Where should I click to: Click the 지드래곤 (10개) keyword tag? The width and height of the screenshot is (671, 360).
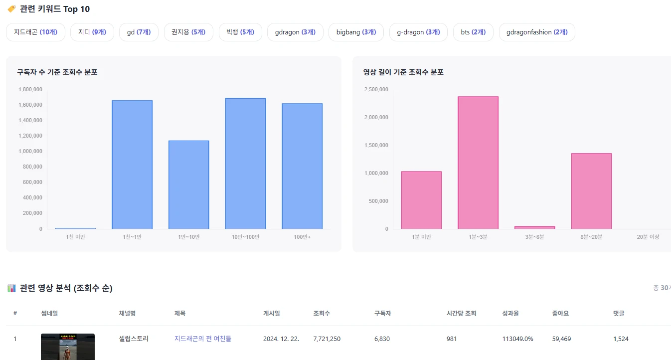pos(35,32)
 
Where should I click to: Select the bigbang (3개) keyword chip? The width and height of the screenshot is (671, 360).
pos(356,32)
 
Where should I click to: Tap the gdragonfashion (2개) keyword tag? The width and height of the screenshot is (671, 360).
pos(536,32)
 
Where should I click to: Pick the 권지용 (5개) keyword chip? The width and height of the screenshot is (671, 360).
pos(188,32)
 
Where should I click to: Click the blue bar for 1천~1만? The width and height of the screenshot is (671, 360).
pos(132,165)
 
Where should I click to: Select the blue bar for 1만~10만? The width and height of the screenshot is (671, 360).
pos(188,184)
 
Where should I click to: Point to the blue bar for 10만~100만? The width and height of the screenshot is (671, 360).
pos(245,164)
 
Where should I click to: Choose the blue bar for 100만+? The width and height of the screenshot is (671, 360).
pos(302,166)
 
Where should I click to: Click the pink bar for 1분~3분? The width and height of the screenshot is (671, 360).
pos(478,163)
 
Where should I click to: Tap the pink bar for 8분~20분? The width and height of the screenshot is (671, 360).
pos(591,191)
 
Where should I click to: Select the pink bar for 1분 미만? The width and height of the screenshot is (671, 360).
pos(421,200)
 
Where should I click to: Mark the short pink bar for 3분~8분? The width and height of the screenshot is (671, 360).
pos(535,227)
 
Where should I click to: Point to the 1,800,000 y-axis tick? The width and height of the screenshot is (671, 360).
pos(30,90)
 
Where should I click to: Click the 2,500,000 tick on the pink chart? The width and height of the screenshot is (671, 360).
pos(377,90)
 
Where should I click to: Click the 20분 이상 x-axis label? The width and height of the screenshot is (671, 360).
pos(648,237)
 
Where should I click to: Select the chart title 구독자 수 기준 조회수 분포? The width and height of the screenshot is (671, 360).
pos(57,72)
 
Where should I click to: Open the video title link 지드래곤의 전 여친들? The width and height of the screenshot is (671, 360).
pos(203,339)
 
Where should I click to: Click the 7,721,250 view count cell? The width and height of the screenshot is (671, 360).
pos(327,339)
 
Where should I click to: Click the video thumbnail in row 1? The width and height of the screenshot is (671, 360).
pos(68,347)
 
